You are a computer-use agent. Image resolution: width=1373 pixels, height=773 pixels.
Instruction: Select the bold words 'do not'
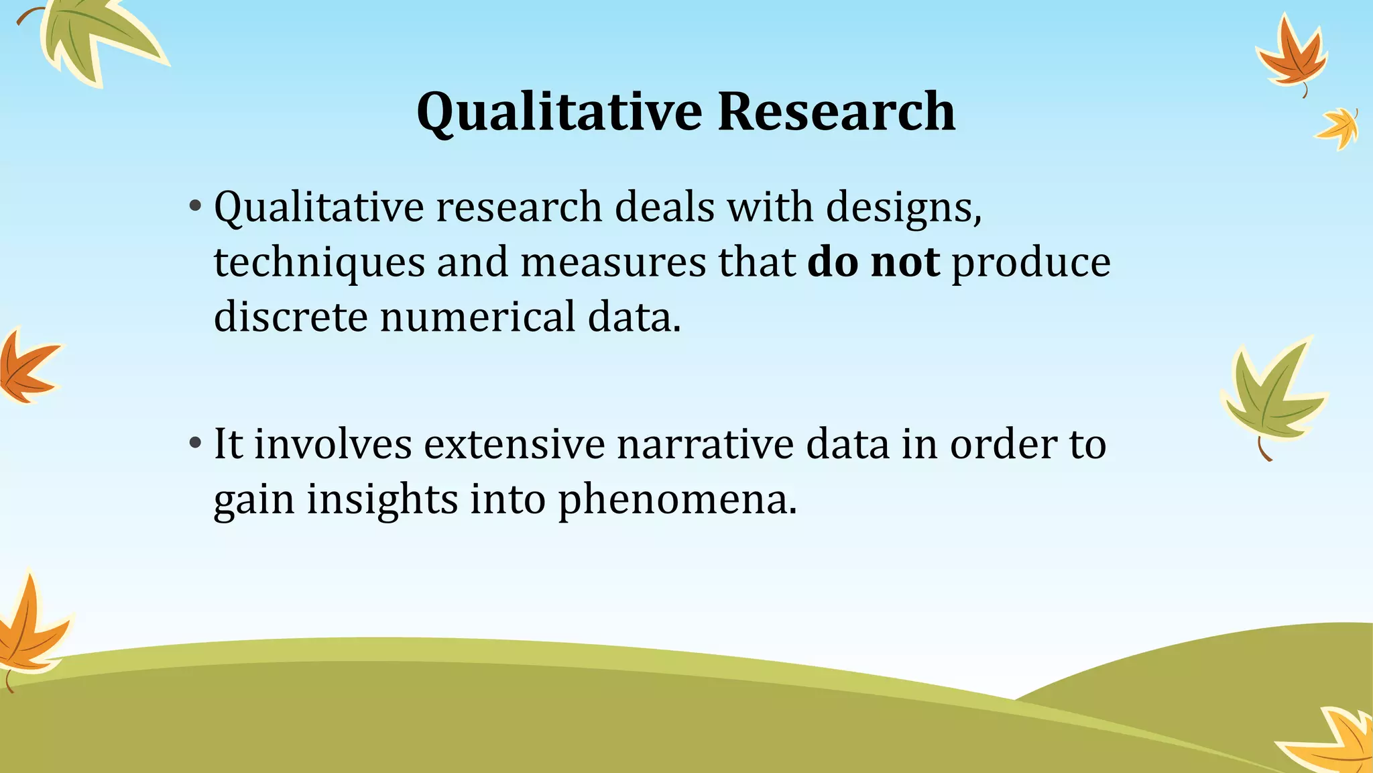click(x=873, y=262)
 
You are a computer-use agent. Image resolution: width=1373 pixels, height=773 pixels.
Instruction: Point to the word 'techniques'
click(x=319, y=263)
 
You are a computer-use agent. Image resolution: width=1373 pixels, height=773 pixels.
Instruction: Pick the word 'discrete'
click(x=290, y=317)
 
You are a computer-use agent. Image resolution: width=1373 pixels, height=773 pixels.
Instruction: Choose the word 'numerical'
click(x=477, y=317)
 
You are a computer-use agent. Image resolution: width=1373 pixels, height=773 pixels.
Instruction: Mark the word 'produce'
click(x=1030, y=263)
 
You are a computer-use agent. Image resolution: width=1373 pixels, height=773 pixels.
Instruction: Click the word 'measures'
click(x=613, y=262)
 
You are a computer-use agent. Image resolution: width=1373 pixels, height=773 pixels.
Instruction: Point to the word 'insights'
click(x=382, y=500)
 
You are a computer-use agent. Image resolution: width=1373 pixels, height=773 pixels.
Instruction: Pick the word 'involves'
click(x=333, y=444)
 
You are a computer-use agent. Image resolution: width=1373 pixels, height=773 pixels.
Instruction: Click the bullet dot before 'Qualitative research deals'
click(x=195, y=205)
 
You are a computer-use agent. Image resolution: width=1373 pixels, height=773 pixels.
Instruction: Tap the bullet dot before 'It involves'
click(x=195, y=443)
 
